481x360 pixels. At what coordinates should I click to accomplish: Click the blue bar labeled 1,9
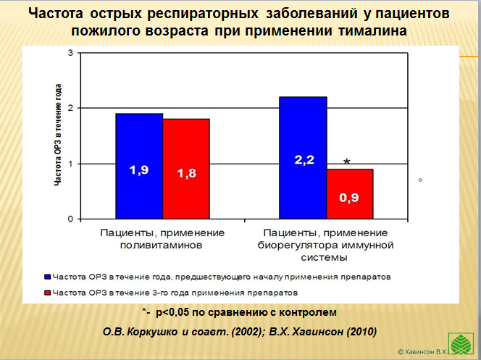tap(138, 167)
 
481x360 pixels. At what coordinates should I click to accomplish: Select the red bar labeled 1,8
tap(186, 169)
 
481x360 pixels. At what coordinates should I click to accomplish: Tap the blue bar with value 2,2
tap(304, 158)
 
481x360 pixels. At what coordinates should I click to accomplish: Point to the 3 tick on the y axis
tap(70, 53)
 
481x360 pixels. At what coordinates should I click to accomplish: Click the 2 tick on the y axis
tap(70, 108)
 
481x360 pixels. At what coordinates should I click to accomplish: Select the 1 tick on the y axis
tap(70, 164)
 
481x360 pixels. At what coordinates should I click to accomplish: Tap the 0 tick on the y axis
tap(70, 219)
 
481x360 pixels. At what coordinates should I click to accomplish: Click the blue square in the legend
tap(49, 277)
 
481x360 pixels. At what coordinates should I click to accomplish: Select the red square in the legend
tap(49, 293)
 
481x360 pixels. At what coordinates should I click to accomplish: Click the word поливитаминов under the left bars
tap(162, 245)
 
